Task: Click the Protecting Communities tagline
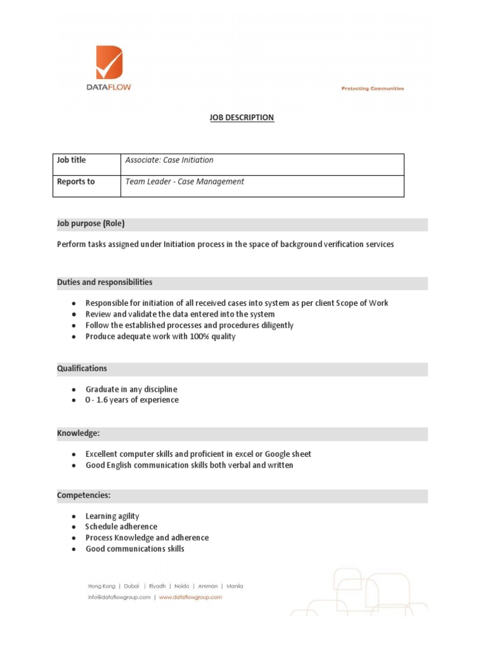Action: [x=373, y=89]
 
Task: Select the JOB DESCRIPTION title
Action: [x=242, y=118]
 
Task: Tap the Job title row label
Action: [x=71, y=160]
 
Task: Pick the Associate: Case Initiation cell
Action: [x=169, y=160]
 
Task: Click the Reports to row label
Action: [x=76, y=182]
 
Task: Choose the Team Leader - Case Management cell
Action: [x=184, y=182]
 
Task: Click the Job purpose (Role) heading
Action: [x=91, y=224]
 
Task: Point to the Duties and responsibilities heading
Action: [x=104, y=282]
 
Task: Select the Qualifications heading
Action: [x=82, y=368]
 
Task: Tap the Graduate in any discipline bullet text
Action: [x=131, y=389]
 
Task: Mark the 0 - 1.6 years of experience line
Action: [x=132, y=400]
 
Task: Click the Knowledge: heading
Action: [x=78, y=434]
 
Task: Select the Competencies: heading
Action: [x=84, y=495]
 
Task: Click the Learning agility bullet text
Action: [x=112, y=516]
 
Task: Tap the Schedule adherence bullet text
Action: [x=121, y=527]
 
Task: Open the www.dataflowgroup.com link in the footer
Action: [x=190, y=596]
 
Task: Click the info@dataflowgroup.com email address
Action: [x=119, y=596]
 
